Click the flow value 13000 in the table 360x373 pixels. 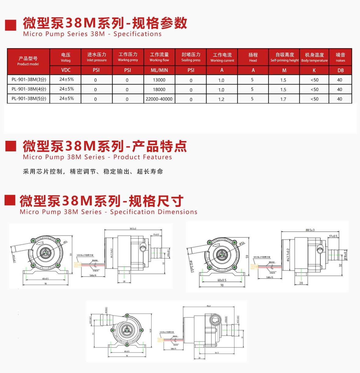pos(159,80)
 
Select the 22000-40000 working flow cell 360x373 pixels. pos(159,99)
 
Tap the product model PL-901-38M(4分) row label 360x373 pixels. pos(29,89)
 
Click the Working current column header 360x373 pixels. pos(222,57)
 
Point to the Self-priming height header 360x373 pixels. pos(284,57)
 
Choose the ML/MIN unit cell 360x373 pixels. pos(159,70)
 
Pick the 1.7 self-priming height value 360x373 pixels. pos(283,99)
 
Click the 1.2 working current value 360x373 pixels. pos(221,99)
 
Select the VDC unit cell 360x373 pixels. pos(66,70)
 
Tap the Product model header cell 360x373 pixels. pos(28,61)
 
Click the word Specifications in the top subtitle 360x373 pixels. pos(137,34)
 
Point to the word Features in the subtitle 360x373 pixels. pos(158,157)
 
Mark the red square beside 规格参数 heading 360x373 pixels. pos(11,25)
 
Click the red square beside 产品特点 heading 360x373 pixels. pos(11,146)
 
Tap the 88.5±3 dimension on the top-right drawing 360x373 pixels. pos(310,230)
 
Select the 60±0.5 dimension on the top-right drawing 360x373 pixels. pos(222,280)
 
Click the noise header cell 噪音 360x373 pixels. pos(340,57)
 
